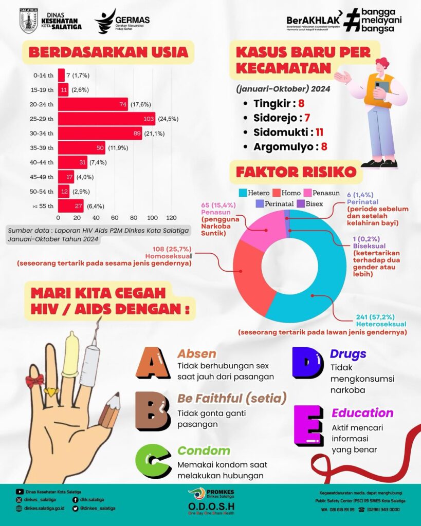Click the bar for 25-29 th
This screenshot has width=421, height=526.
tap(106, 119)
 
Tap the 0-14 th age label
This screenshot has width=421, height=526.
tap(44, 76)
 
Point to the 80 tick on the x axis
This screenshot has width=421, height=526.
tap(134, 217)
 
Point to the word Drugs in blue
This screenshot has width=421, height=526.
tap(348, 353)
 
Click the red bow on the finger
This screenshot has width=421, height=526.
tap(35, 381)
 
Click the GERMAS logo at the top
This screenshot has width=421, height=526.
tap(122, 21)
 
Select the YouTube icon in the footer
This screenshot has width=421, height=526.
tap(20, 492)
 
